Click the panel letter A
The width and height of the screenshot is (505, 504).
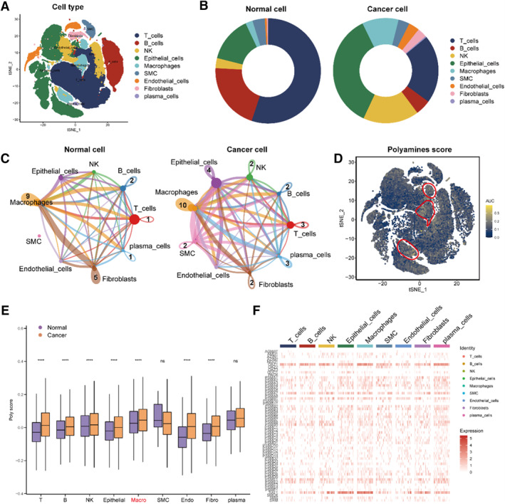point(6,6)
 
